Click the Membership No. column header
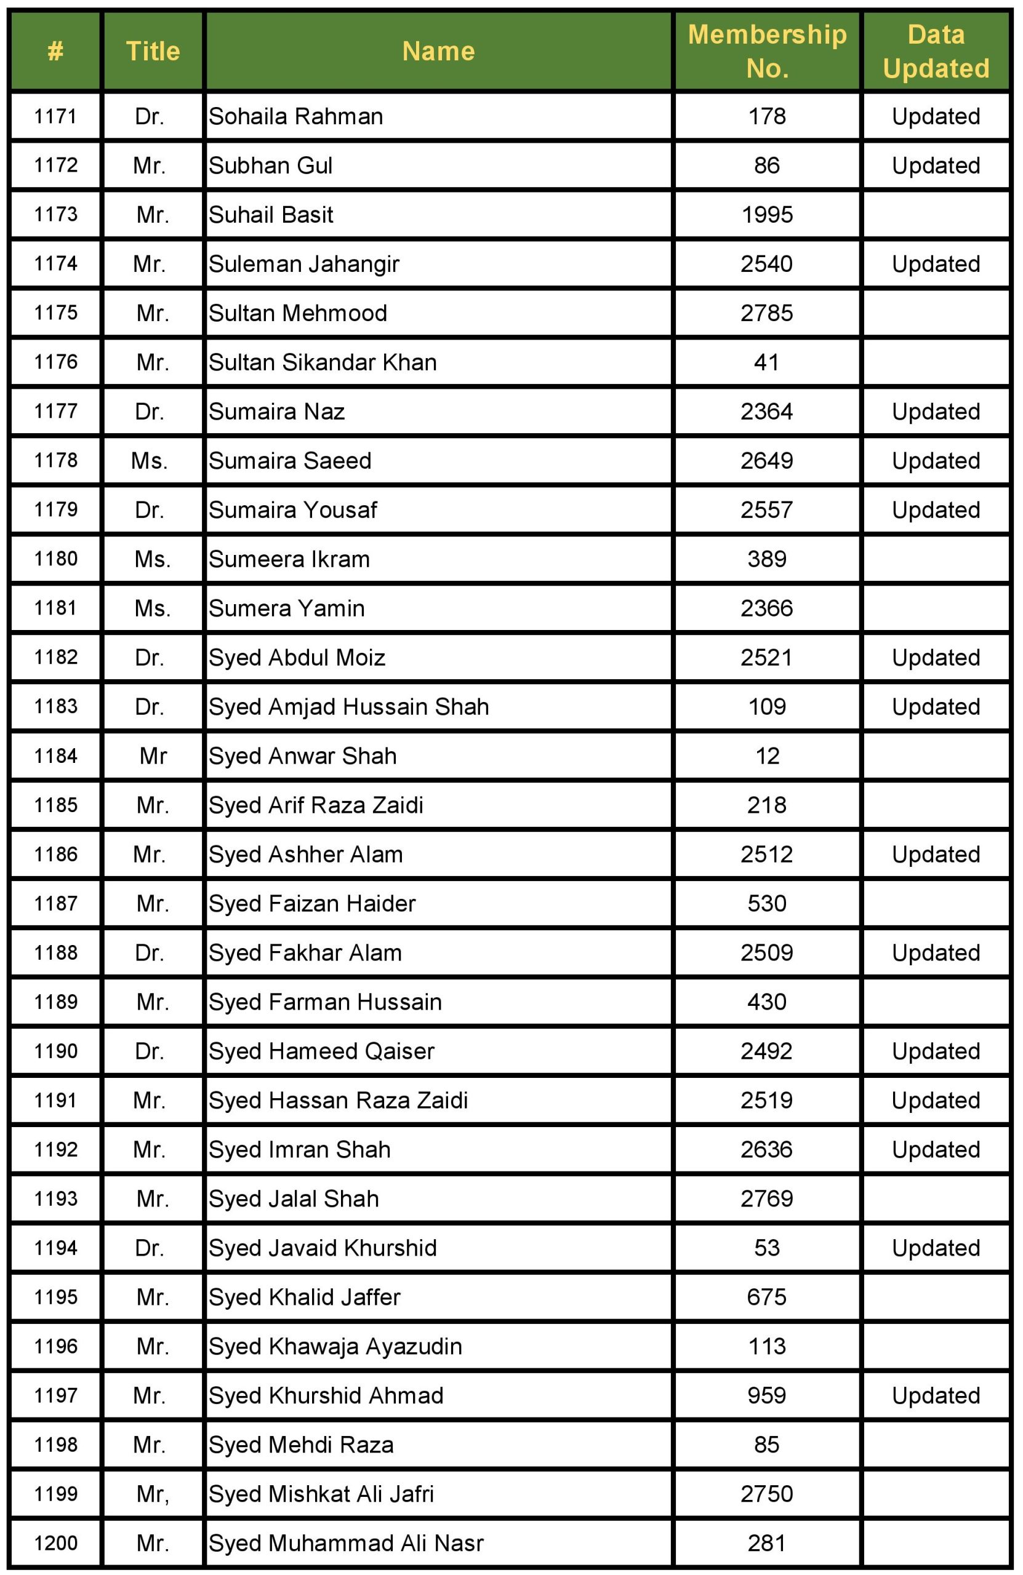pyautogui.click(x=767, y=51)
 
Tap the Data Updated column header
pyautogui.click(x=936, y=51)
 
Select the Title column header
pyautogui.click(x=153, y=51)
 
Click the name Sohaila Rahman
pyautogui.click(x=296, y=116)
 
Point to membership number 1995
pyautogui.click(x=767, y=215)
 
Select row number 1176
pyautogui.click(x=55, y=362)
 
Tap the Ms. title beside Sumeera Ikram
pyautogui.click(x=153, y=559)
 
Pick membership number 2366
pyautogui.click(x=767, y=608)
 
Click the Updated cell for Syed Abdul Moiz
pyautogui.click(x=936, y=657)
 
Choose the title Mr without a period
pyautogui.click(x=153, y=756)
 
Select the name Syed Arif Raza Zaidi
pyautogui.click(x=316, y=805)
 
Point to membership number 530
pyautogui.click(x=767, y=903)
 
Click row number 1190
pyautogui.click(x=55, y=1051)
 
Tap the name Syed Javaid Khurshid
pyautogui.click(x=323, y=1248)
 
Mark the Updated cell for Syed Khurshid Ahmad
pyautogui.click(x=936, y=1395)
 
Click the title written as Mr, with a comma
pyautogui.click(x=153, y=1494)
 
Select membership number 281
pyautogui.click(x=767, y=1542)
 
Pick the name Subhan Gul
pyautogui.click(x=270, y=165)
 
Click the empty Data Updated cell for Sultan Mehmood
pyautogui.click(x=936, y=313)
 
